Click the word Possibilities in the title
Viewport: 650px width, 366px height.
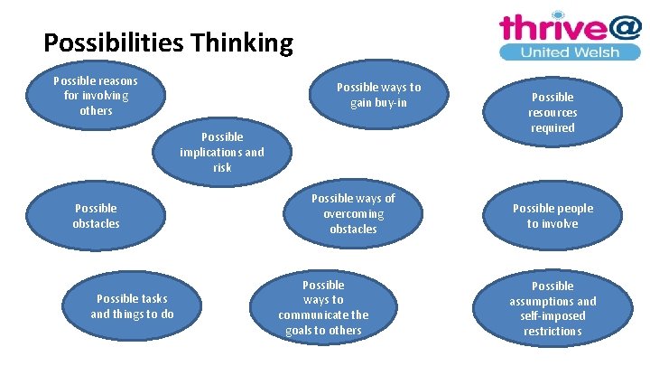(120, 42)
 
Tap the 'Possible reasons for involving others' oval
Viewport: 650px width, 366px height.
(96, 95)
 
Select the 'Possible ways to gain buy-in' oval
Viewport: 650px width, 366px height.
(378, 95)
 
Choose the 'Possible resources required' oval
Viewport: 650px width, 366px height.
(552, 112)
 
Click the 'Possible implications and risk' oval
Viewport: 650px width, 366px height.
(222, 152)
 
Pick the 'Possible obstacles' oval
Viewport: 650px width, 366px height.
(96, 215)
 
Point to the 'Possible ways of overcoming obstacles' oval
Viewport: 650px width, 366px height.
(353, 213)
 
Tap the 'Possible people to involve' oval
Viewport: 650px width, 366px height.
(552, 215)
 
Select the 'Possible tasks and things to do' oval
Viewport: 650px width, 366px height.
(132, 306)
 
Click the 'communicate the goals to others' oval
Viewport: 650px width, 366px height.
(323, 307)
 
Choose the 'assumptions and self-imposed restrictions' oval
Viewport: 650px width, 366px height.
(552, 308)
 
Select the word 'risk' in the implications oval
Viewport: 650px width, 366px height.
(222, 167)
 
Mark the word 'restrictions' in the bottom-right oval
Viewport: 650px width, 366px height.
(552, 331)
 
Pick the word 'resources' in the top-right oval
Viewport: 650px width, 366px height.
(552, 112)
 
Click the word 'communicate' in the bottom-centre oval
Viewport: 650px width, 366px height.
(323, 314)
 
